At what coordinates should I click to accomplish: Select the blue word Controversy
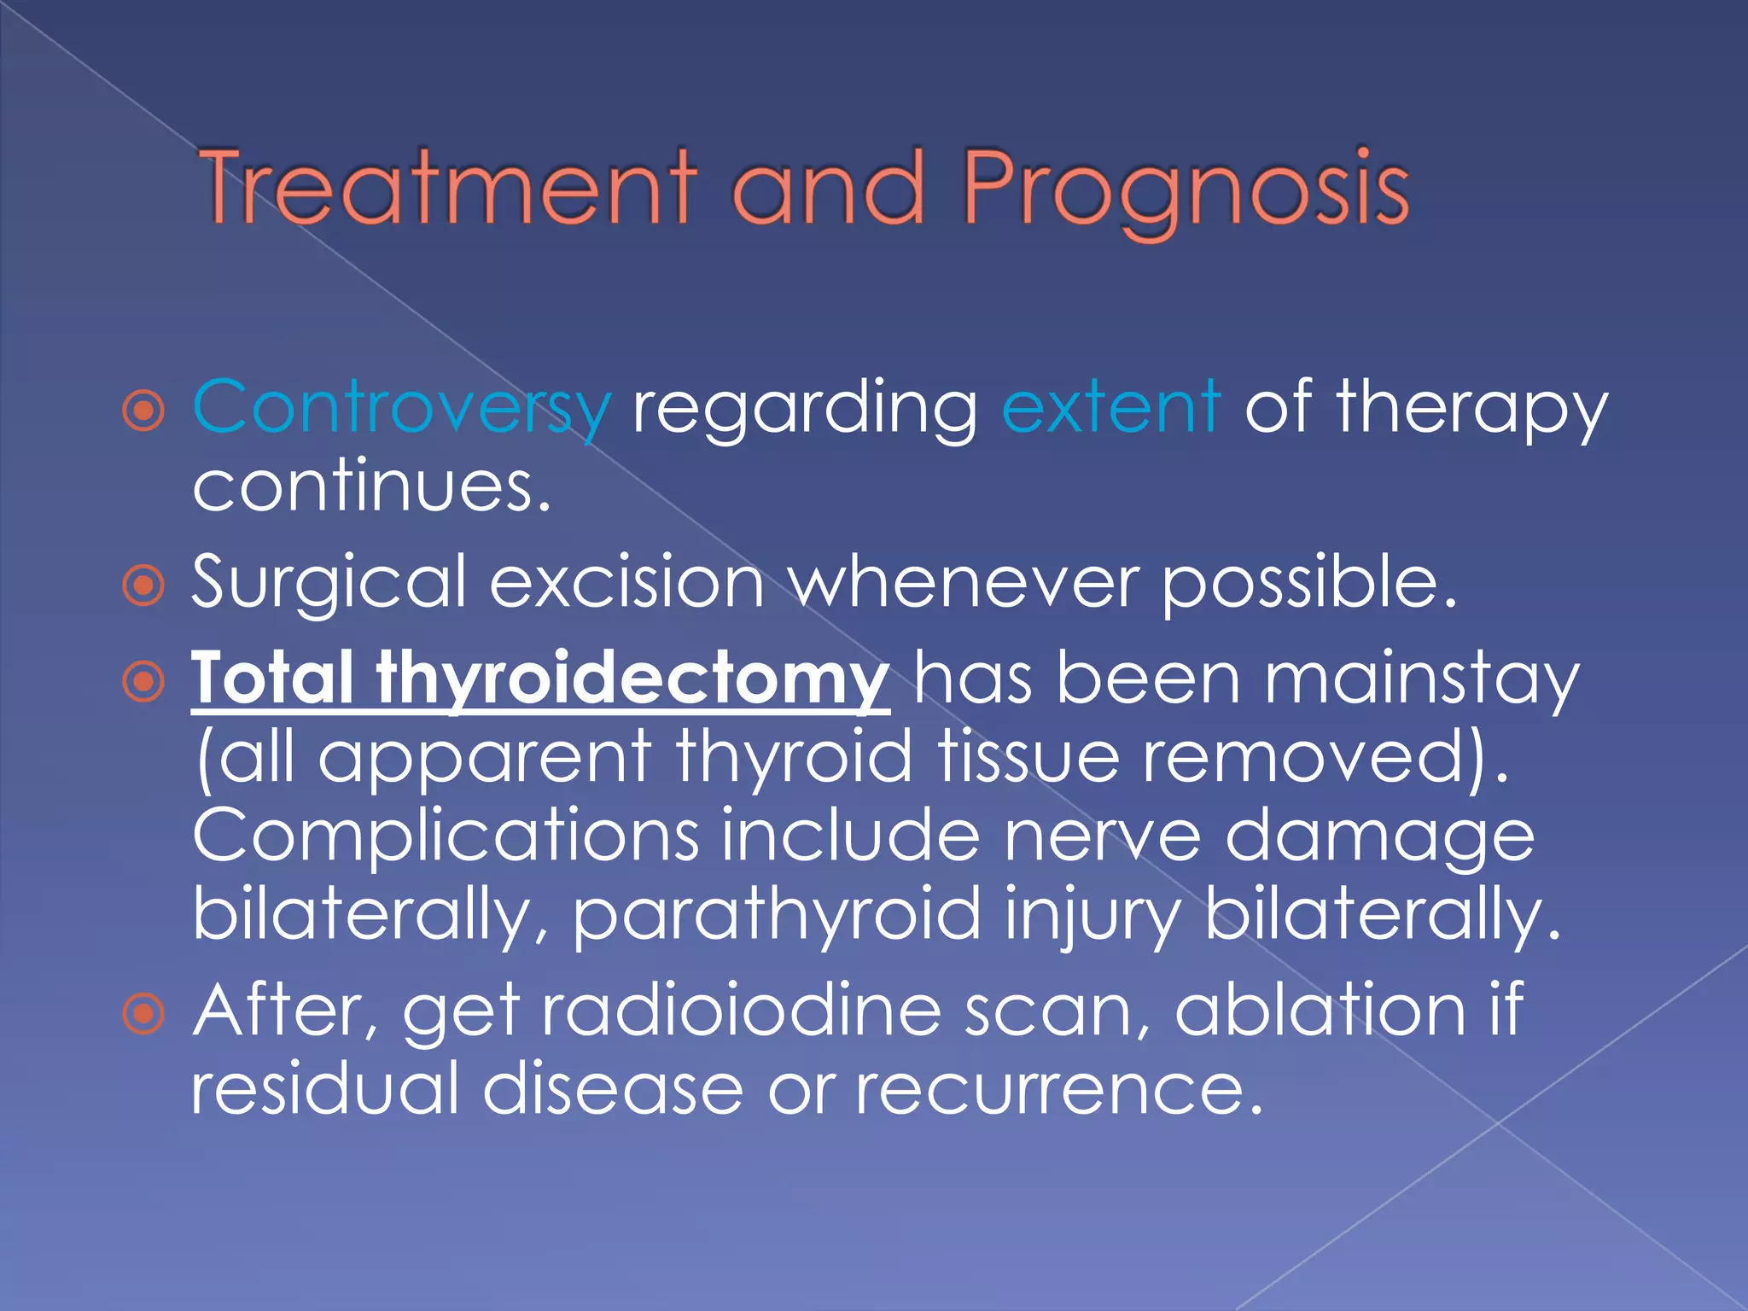coord(402,408)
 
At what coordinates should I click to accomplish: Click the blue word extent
coord(1110,406)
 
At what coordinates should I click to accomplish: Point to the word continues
coord(371,487)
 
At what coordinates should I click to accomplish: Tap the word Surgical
coord(329,583)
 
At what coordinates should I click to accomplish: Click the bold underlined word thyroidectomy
coord(632,679)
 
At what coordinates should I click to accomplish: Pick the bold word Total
coord(272,678)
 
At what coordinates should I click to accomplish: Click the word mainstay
coord(1421,679)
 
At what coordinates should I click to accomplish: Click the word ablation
coord(1320,1011)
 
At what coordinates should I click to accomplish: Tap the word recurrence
coord(1058,1089)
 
